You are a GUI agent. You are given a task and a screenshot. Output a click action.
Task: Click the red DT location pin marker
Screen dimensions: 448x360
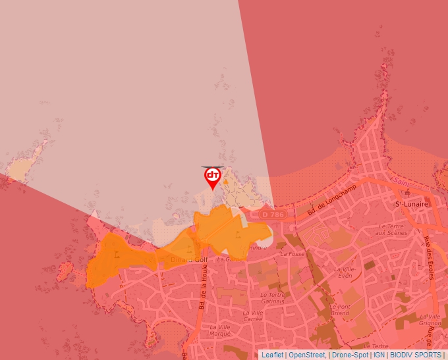pos(212,177)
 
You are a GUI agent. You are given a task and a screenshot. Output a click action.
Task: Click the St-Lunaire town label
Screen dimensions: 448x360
pos(411,205)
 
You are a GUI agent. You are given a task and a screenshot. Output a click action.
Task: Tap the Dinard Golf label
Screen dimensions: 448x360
pos(185,259)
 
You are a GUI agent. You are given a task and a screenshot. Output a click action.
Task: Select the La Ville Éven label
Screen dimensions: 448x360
pos(343,272)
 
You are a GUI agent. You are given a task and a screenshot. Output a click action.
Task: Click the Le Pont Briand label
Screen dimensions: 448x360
pos(340,310)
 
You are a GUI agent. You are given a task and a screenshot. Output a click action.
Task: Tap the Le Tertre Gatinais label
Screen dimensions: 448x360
pos(271,298)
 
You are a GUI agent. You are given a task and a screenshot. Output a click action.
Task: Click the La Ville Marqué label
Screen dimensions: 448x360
pos(221,330)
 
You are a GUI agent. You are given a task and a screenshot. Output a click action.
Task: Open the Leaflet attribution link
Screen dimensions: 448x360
pos(273,355)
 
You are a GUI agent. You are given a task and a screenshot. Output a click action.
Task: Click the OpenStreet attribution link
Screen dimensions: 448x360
pos(307,355)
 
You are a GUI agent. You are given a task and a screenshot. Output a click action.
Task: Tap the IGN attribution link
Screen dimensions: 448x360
pos(379,355)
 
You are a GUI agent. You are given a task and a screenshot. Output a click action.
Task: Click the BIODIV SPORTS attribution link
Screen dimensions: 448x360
pos(416,355)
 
